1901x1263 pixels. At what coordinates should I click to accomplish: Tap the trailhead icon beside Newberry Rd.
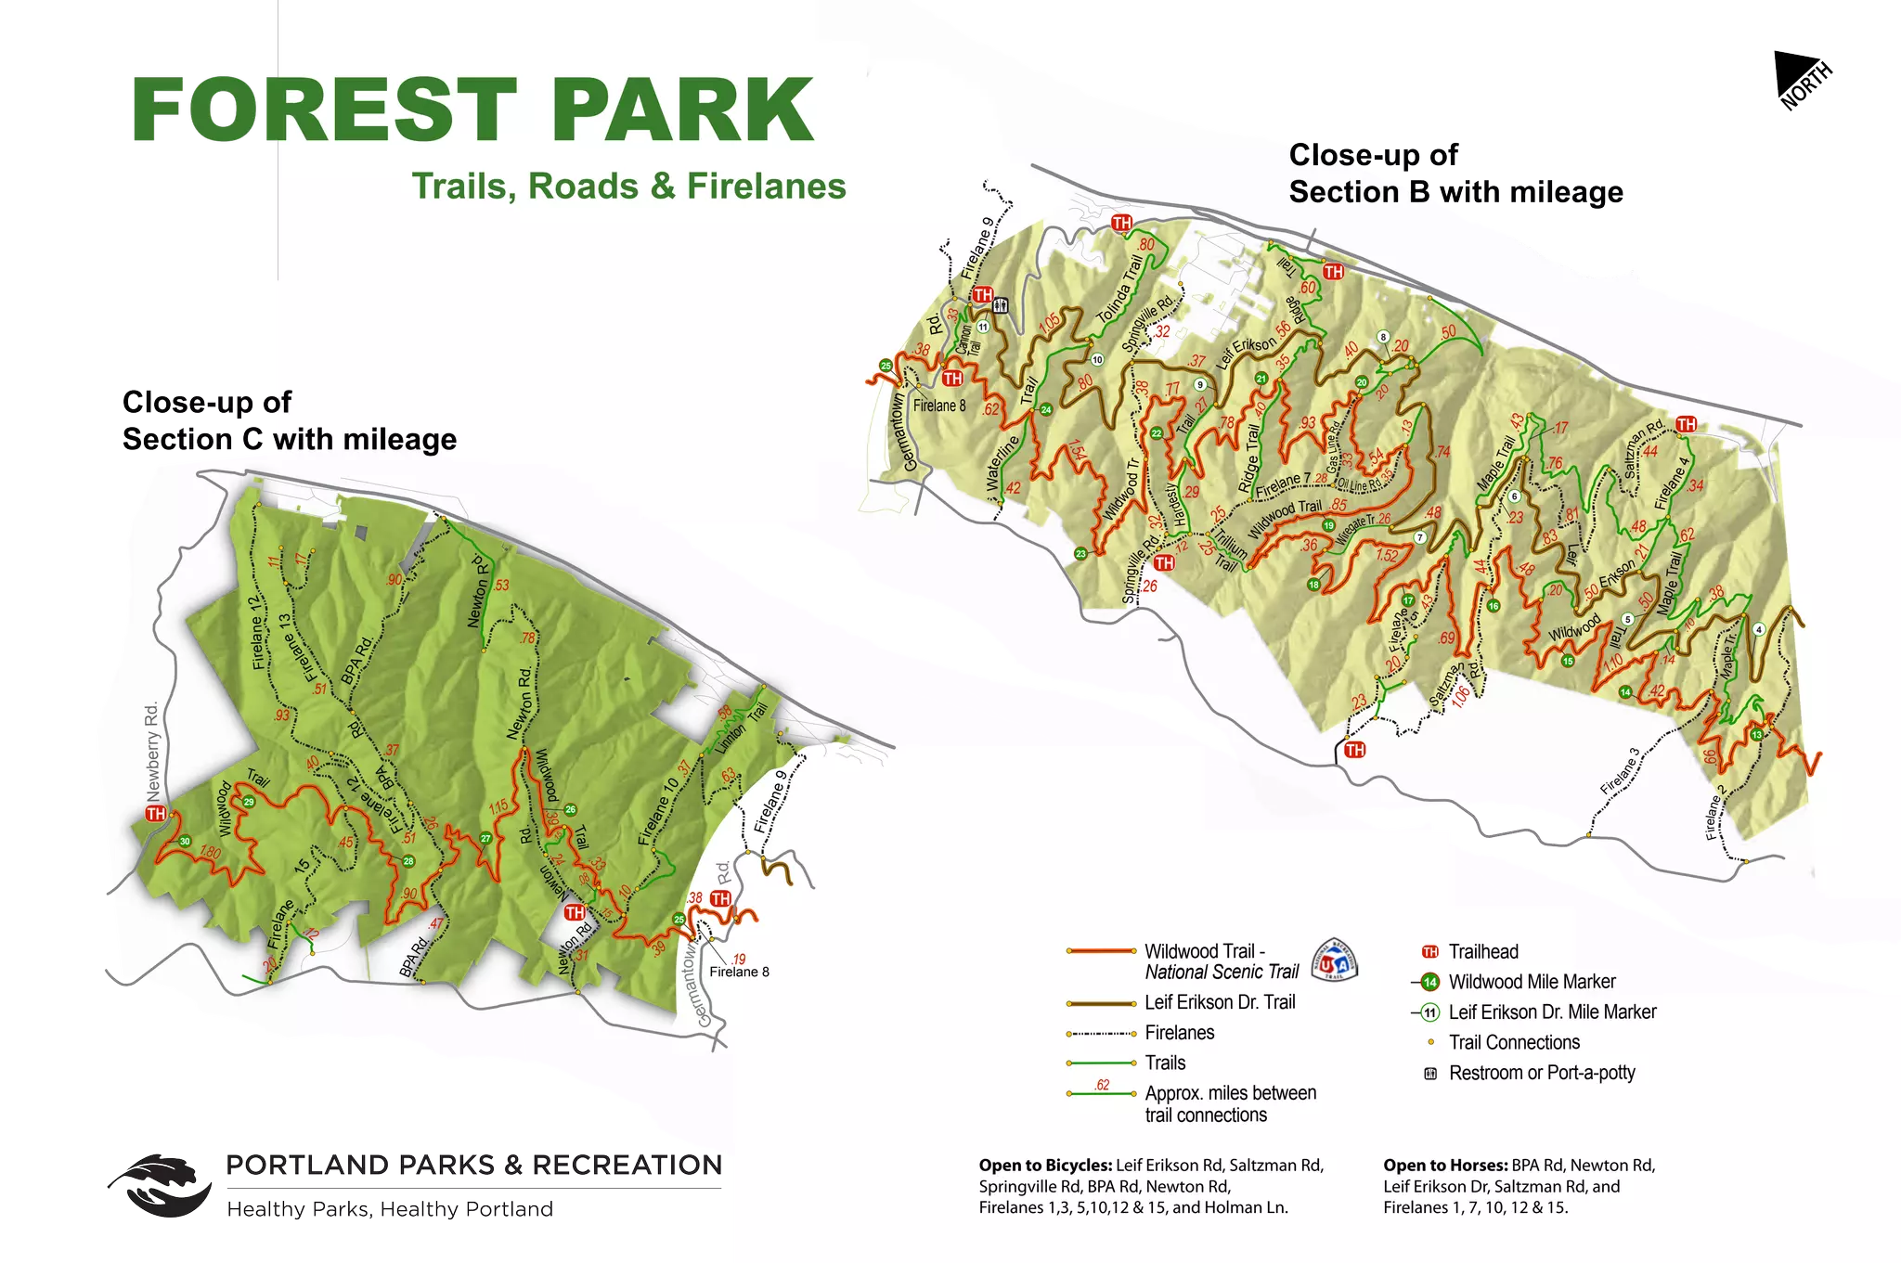click(x=155, y=814)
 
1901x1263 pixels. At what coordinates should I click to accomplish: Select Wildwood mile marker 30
click(x=185, y=842)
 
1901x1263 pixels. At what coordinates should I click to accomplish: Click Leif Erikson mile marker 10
click(x=1097, y=360)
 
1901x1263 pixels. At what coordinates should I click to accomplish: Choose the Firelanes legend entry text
click(x=1179, y=1033)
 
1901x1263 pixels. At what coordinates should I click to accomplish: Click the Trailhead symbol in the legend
click(x=1430, y=952)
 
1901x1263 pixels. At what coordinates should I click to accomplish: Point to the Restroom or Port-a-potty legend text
click(x=1542, y=1073)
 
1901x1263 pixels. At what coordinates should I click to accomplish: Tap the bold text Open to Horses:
click(x=1444, y=1166)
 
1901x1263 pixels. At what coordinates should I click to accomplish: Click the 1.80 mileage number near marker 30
click(x=210, y=853)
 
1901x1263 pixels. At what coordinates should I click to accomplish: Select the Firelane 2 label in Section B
click(x=1715, y=812)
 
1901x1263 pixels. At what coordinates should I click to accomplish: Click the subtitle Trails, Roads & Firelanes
click(x=628, y=187)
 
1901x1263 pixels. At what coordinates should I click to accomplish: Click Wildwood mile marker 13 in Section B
click(x=1756, y=735)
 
